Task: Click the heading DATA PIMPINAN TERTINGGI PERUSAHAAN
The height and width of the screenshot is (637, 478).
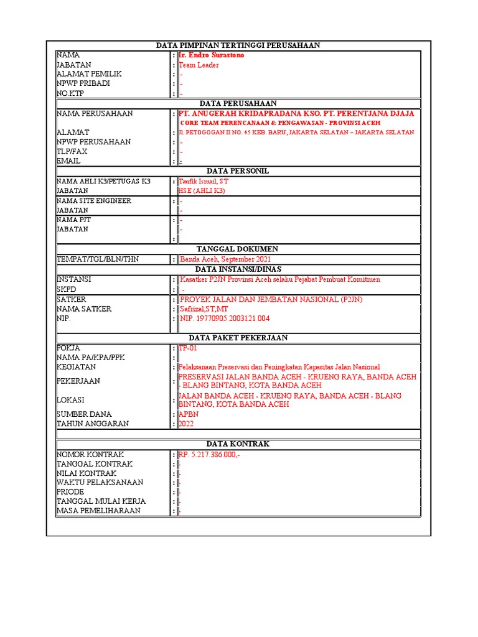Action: tap(237, 45)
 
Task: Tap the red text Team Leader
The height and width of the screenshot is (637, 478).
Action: tap(199, 65)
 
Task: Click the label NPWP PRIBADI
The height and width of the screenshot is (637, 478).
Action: tap(83, 83)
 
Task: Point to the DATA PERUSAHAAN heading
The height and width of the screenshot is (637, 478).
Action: tap(238, 103)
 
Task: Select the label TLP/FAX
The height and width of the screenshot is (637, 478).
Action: tap(72, 151)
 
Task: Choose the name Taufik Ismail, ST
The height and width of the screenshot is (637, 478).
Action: tap(204, 181)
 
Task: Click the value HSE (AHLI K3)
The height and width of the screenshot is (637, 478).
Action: tap(202, 190)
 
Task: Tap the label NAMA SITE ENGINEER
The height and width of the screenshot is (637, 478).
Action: tap(94, 201)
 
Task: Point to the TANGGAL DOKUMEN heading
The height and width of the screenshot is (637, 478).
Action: tap(237, 249)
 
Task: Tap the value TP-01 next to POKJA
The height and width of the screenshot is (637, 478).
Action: tap(187, 348)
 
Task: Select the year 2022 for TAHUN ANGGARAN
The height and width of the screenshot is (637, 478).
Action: tap(186, 424)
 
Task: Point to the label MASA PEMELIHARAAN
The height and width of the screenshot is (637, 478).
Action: tap(98, 511)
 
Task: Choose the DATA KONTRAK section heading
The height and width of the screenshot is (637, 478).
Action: tap(237, 444)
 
